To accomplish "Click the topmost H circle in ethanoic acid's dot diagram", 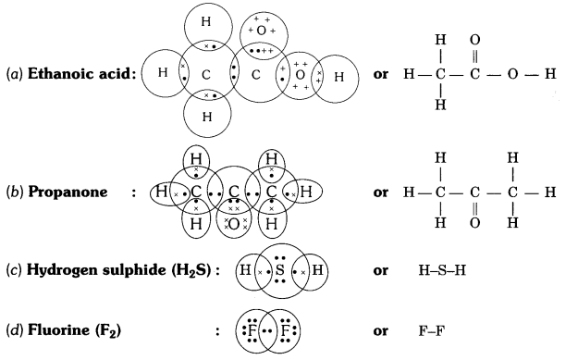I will pos(210,22).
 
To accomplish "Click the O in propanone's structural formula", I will pos(476,223).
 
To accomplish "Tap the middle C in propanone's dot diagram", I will pos(235,192).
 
